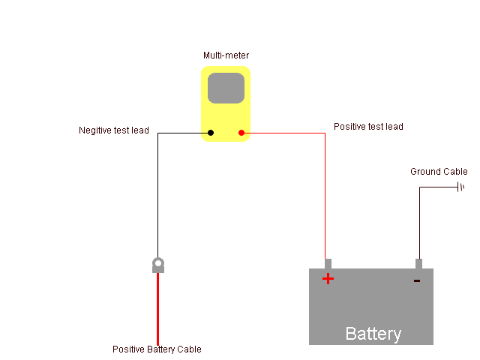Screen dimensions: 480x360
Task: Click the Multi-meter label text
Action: coord(226,55)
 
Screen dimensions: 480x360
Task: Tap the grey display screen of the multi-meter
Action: coord(226,88)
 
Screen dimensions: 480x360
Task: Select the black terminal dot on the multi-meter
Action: coord(211,133)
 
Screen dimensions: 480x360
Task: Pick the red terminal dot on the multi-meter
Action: coord(241,133)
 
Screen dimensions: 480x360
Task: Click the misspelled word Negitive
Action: coord(95,130)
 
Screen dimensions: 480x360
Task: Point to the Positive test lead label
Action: coord(368,127)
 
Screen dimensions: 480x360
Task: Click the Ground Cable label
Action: coord(439,172)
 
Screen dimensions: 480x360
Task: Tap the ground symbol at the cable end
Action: coord(460,187)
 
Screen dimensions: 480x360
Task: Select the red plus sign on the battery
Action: coord(328,279)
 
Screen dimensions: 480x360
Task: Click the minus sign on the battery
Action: coord(417,280)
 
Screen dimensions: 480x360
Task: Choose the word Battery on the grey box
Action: coord(373,334)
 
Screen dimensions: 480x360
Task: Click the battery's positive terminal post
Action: coord(328,264)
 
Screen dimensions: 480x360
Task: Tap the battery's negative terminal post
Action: coord(418,264)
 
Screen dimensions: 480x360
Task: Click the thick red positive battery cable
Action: coord(158,309)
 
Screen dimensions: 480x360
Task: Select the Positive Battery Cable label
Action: coord(157,349)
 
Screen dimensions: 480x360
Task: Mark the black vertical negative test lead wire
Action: coord(158,195)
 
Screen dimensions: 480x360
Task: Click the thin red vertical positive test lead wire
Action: coord(325,196)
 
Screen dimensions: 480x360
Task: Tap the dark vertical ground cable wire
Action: coord(419,223)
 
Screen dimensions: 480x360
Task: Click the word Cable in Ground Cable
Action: coord(454,172)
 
